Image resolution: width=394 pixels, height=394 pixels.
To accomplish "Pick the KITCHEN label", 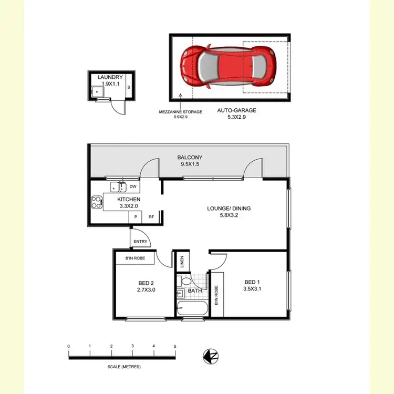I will point(129,200).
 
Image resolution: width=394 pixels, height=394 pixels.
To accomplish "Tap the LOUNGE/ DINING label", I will point(229,209).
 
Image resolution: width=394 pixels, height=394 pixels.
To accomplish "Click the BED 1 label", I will point(251,281).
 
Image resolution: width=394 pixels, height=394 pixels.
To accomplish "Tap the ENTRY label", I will point(141,242).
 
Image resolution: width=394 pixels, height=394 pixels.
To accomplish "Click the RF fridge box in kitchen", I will point(151,216).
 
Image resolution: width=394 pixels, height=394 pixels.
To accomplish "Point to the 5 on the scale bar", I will point(175,346).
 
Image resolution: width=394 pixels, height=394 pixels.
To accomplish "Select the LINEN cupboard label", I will point(182,262).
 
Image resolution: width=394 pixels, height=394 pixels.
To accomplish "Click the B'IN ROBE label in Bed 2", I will point(136,258).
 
